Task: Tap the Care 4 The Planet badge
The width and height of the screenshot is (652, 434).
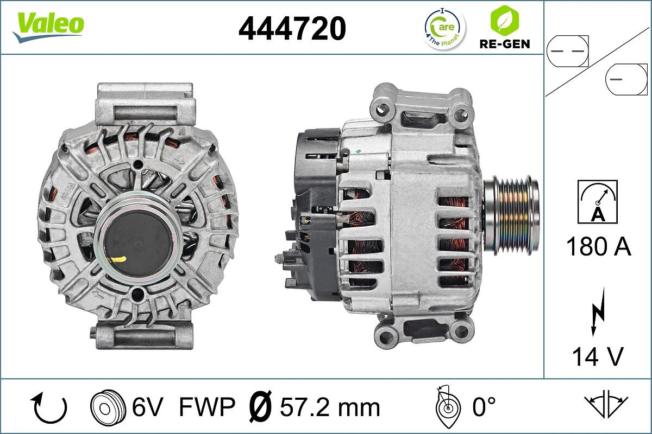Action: click(x=444, y=28)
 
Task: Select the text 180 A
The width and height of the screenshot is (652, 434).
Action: click(x=598, y=247)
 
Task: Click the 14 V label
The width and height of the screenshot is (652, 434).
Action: click(x=597, y=356)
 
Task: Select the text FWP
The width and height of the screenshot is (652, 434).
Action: click(x=207, y=407)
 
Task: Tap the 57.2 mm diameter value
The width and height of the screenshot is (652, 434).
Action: click(x=330, y=407)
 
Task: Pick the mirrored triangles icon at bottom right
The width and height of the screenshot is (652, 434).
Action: click(x=606, y=404)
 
